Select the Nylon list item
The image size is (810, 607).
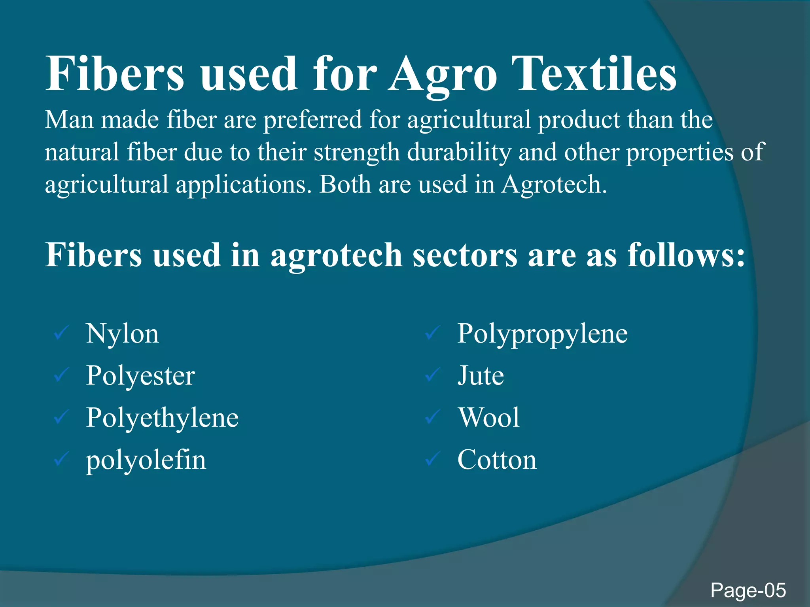tap(123, 334)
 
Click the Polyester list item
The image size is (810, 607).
tap(140, 376)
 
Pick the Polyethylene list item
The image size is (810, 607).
tap(162, 418)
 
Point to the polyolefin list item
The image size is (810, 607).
tap(146, 460)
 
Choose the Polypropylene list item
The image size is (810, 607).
tap(542, 334)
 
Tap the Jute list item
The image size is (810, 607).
tap(481, 375)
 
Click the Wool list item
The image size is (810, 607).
tap(489, 418)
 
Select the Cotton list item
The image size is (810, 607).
tap(497, 460)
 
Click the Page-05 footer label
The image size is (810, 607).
tap(748, 590)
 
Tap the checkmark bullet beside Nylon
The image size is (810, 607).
tap(62, 333)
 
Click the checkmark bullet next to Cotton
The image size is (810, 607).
tap(433, 459)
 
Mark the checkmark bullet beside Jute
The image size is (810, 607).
tap(433, 375)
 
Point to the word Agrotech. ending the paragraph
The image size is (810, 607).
tap(554, 185)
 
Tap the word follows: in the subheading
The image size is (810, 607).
tap(686, 255)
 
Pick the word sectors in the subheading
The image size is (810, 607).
tap(465, 255)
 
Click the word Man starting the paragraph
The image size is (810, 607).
tap(69, 120)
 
